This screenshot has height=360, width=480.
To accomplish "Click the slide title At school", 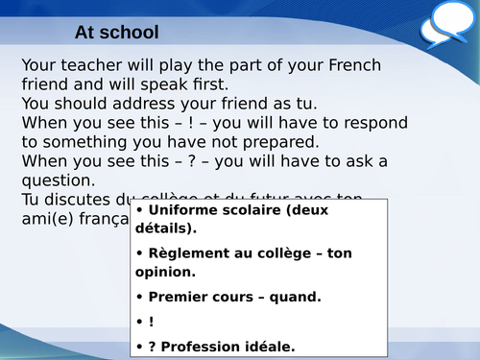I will tap(116, 33).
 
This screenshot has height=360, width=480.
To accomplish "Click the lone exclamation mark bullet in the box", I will tap(151, 322).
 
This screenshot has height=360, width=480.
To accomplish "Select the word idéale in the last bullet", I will tap(271, 346).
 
